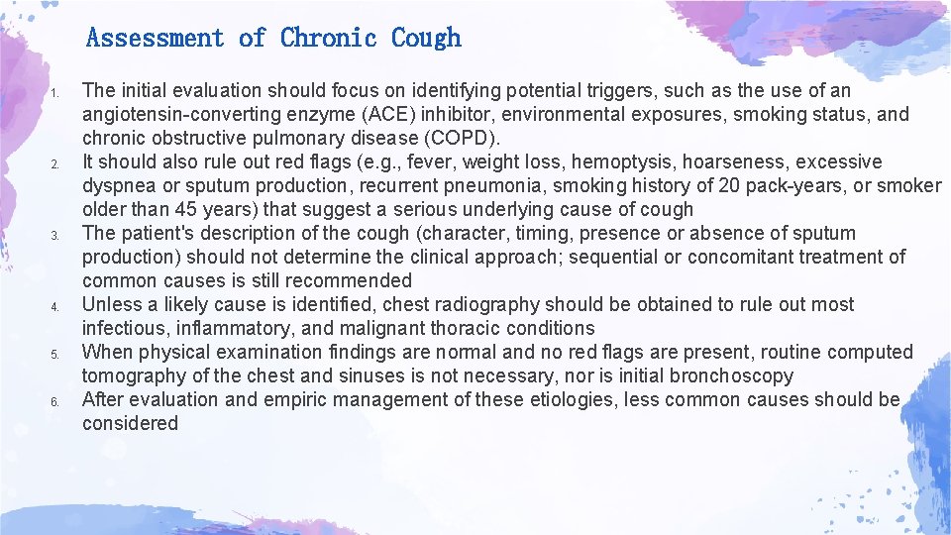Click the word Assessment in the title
156,39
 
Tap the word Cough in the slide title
426,39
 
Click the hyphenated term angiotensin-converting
180,114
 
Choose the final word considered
130,423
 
